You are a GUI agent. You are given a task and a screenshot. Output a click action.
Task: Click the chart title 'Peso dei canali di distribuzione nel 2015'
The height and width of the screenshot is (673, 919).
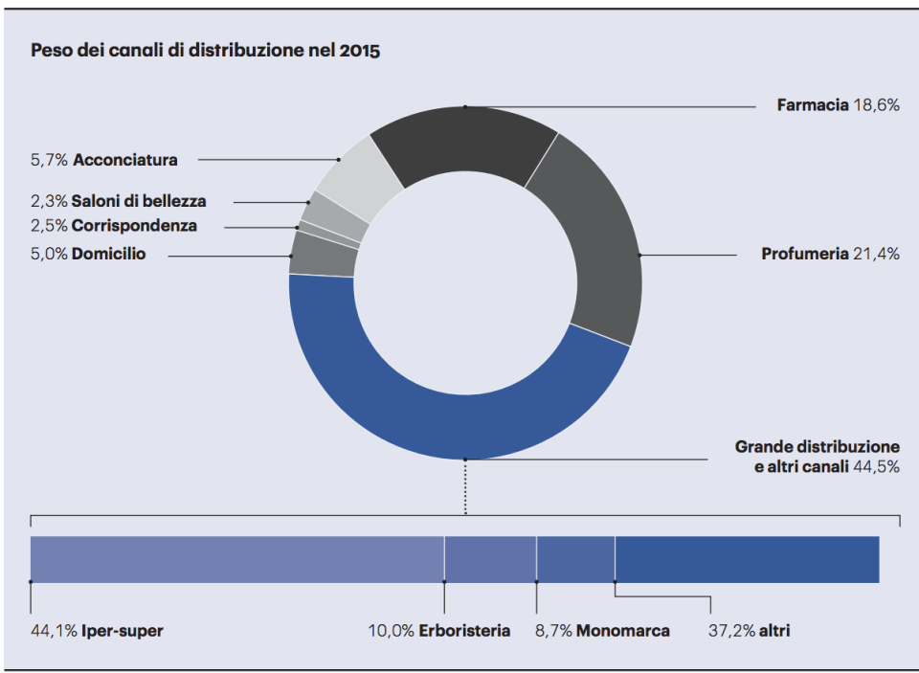(x=206, y=51)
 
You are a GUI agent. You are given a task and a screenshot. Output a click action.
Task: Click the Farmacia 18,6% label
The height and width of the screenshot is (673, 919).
(x=838, y=105)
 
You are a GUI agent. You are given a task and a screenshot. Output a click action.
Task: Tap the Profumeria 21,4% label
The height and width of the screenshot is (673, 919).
(x=830, y=254)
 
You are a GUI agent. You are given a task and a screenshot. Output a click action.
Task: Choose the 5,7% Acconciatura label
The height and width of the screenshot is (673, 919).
(x=104, y=160)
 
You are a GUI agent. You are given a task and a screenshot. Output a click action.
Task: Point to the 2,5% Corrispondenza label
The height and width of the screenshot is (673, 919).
(x=114, y=226)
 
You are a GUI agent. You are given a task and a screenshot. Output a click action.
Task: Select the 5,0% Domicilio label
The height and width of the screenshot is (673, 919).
(x=89, y=255)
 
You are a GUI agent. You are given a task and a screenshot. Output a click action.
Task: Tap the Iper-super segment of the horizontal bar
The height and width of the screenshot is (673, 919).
(x=236, y=559)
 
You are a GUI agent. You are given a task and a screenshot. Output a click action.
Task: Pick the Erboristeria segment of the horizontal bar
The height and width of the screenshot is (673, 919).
(x=490, y=559)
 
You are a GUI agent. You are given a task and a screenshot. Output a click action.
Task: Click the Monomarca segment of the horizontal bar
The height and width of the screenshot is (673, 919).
(x=575, y=559)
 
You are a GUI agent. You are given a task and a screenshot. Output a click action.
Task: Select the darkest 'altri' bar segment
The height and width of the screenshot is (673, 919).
(x=747, y=559)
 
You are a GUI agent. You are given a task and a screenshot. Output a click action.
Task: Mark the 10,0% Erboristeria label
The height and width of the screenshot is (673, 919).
(x=439, y=631)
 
